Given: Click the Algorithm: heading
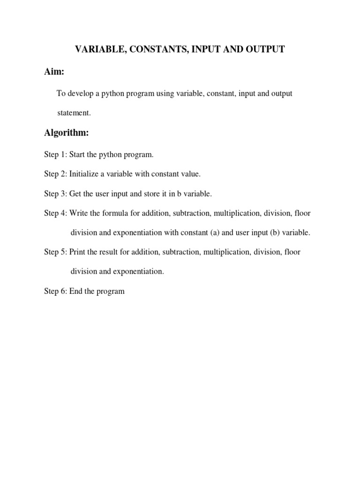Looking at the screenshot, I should coord(66,133).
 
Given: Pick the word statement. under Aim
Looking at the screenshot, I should coord(74,113).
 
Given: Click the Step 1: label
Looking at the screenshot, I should coord(55,154).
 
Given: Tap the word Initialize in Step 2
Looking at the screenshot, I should coord(84,174).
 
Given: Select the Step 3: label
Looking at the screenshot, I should coord(55,194).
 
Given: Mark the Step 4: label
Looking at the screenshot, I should coord(55,213).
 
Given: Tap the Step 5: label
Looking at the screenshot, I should coord(55,252).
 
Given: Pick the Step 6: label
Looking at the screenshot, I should coord(55,291).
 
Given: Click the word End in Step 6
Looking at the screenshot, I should coord(76,291).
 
